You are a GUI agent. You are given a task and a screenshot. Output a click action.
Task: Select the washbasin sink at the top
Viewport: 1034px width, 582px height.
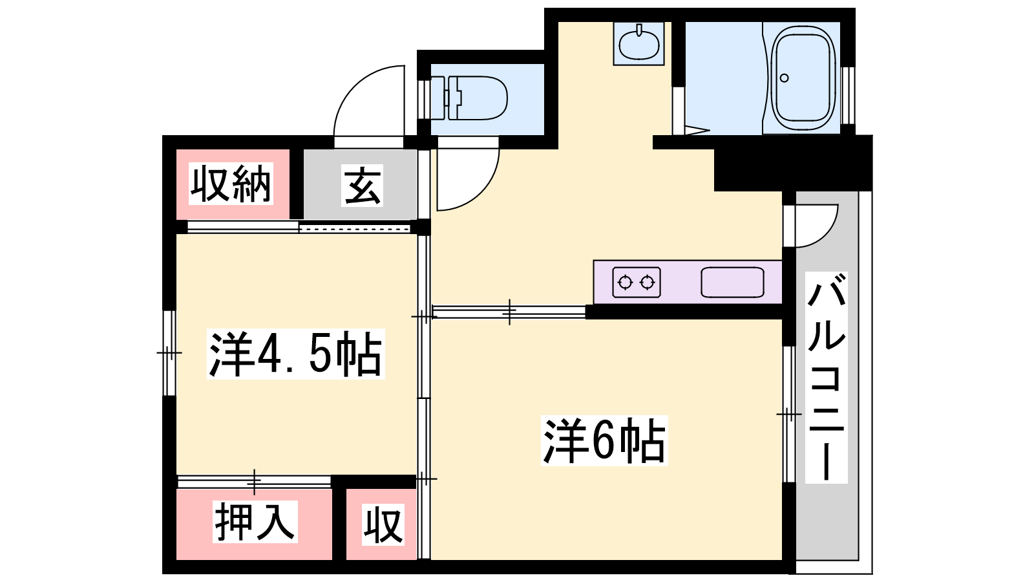pyautogui.click(x=639, y=43)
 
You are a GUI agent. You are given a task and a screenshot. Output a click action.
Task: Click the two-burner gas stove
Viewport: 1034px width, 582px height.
pyautogui.click(x=637, y=282)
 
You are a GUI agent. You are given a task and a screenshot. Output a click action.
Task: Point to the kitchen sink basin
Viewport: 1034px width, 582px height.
pyautogui.click(x=733, y=282)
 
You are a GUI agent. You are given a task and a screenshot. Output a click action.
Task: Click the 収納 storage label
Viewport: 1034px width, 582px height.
pyautogui.click(x=231, y=184)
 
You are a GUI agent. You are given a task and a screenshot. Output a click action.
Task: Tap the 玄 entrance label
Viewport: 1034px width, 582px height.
pyautogui.click(x=363, y=185)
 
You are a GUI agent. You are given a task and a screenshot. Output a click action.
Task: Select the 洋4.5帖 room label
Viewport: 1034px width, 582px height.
pyautogui.click(x=296, y=354)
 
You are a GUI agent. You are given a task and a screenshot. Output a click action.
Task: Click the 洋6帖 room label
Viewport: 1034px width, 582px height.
pyautogui.click(x=604, y=440)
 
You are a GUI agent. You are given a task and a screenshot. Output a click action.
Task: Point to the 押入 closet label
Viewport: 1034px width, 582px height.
pyautogui.click(x=255, y=521)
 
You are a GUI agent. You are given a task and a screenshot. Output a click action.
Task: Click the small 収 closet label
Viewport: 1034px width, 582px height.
pyautogui.click(x=383, y=524)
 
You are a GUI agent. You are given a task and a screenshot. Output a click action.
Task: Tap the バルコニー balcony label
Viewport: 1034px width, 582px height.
pyautogui.click(x=827, y=378)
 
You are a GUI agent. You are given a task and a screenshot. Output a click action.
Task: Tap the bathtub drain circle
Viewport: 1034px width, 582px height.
pyautogui.click(x=785, y=78)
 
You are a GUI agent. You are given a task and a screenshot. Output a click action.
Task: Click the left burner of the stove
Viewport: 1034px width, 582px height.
pyautogui.click(x=625, y=282)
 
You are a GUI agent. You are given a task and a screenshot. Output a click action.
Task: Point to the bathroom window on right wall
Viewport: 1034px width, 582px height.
pyautogui.click(x=847, y=96)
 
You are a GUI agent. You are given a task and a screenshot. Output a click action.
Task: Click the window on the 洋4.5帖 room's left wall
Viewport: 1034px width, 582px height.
pyautogui.click(x=169, y=353)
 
